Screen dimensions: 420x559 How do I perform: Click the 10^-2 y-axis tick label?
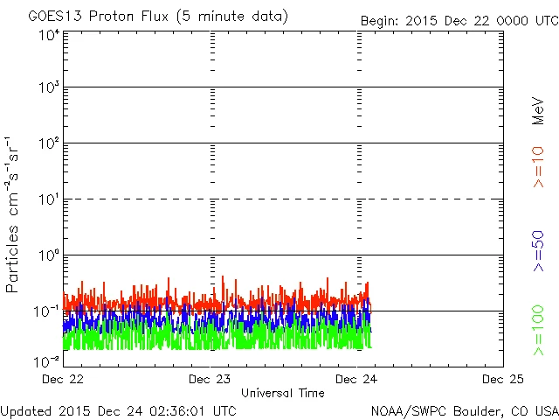click(x=47, y=360)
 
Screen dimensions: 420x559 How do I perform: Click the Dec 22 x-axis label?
click(x=63, y=379)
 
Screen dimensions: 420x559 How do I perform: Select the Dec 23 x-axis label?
click(x=210, y=379)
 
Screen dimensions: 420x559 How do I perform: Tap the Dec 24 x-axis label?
click(x=356, y=379)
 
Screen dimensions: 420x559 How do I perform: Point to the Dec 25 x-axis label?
click(x=502, y=379)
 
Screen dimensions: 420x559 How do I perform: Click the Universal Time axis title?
click(x=282, y=393)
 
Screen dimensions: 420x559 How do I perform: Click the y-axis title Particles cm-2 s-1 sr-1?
click(x=15, y=213)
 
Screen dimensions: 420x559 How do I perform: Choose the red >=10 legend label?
click(x=539, y=166)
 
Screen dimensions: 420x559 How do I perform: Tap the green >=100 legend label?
click(x=539, y=330)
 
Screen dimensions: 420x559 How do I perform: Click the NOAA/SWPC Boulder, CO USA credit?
click(x=464, y=409)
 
